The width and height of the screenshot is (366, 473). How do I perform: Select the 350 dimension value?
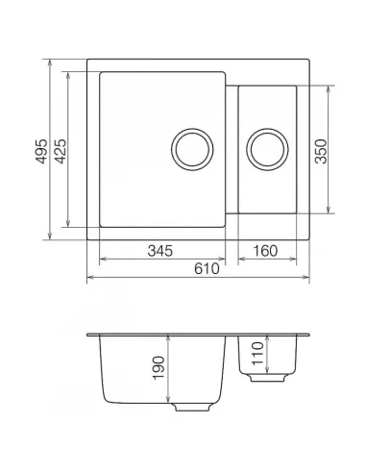(321, 149)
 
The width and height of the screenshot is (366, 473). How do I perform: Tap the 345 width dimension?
(159, 252)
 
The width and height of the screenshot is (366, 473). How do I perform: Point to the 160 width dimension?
(263, 252)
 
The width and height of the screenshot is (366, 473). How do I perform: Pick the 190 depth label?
(158, 368)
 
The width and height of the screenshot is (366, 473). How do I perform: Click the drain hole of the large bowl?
(190, 149)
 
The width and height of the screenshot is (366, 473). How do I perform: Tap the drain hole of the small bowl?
(265, 149)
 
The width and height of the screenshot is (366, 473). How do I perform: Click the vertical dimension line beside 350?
(331, 149)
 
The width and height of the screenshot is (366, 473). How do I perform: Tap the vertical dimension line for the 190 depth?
(169, 370)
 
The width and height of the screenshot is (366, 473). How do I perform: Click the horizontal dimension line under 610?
(197, 279)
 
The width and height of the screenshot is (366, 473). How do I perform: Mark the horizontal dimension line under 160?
(266, 261)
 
